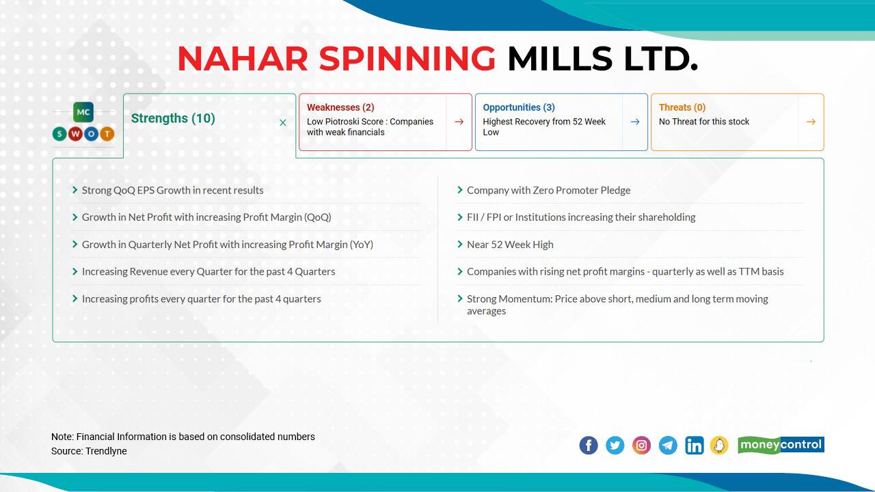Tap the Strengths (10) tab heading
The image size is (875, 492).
click(x=173, y=118)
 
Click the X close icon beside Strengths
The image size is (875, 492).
click(x=283, y=123)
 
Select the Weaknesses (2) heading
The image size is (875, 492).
click(x=340, y=107)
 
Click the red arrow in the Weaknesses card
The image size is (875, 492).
click(x=459, y=122)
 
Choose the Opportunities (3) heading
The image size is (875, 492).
click(x=519, y=107)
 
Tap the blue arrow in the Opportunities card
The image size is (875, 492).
click(x=635, y=122)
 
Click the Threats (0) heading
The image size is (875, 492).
click(x=682, y=107)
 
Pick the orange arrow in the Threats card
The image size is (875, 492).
click(x=811, y=122)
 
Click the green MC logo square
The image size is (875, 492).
click(x=83, y=112)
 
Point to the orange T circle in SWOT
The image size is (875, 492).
click(x=107, y=134)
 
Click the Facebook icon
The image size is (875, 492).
click(x=589, y=446)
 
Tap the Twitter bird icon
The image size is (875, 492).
click(x=615, y=446)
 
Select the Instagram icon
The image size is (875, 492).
click(x=641, y=446)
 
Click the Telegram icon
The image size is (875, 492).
click(x=668, y=446)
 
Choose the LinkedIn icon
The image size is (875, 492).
click(x=694, y=446)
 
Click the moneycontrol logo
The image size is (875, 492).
click(x=781, y=445)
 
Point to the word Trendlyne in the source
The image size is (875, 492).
click(x=106, y=451)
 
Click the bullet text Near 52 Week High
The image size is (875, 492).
click(x=510, y=244)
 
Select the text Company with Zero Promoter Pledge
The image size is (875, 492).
click(x=548, y=190)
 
